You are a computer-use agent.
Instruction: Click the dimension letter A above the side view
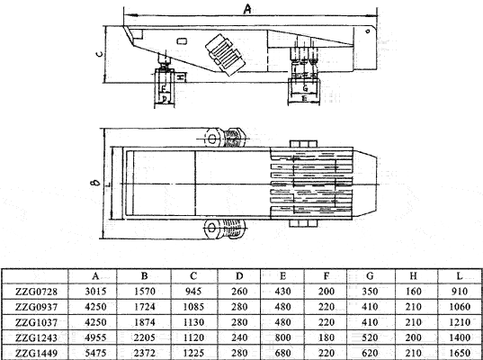[247, 8]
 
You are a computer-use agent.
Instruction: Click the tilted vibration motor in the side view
[224, 53]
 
